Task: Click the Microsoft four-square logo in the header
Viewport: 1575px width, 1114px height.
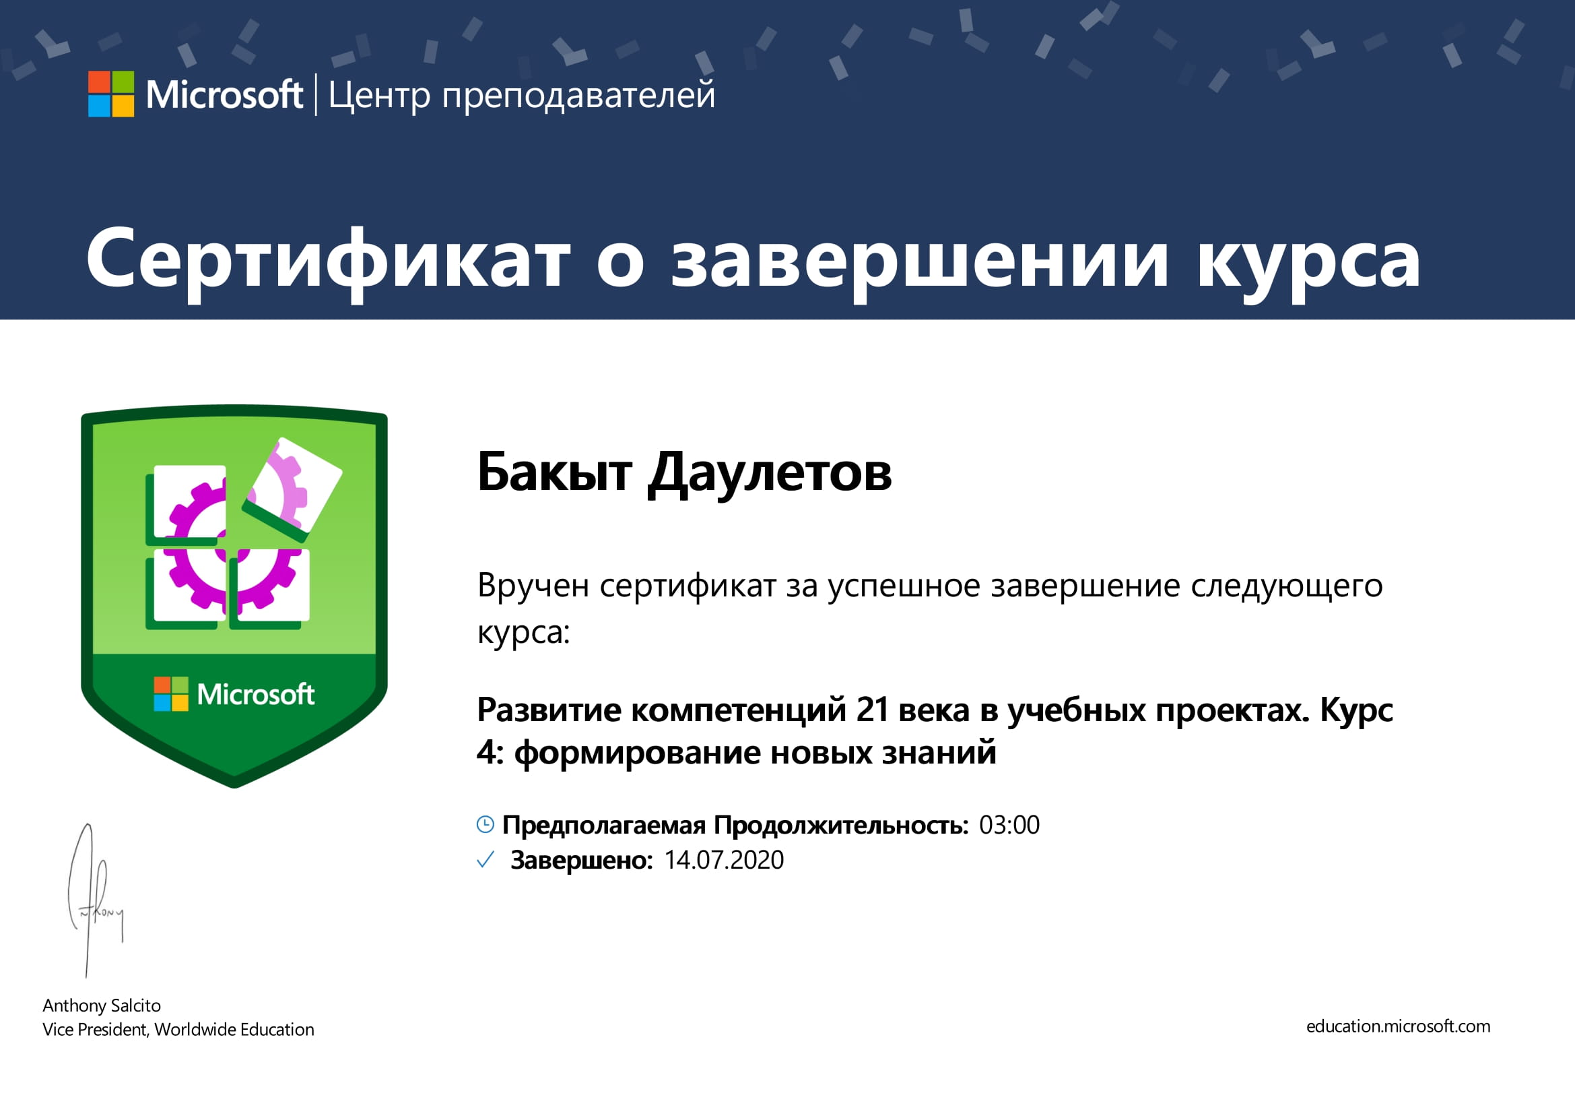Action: [111, 94]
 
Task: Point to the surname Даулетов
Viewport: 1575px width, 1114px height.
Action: [770, 475]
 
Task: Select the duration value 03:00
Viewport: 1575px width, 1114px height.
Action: [1009, 825]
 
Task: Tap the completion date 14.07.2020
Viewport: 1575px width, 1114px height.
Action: [724, 860]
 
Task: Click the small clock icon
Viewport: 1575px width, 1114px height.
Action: [485, 825]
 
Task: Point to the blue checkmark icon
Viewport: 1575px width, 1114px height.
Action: [485, 860]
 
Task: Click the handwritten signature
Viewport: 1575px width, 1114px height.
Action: [96, 900]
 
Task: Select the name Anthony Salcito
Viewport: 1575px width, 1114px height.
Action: [102, 1005]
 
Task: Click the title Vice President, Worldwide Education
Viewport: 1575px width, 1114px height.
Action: [178, 1030]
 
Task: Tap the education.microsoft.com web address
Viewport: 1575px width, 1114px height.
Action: [1398, 1026]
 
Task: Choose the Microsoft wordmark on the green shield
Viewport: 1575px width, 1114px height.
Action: [256, 695]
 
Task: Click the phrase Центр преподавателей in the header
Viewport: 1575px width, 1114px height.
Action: [522, 96]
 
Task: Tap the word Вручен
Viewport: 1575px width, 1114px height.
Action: [533, 586]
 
